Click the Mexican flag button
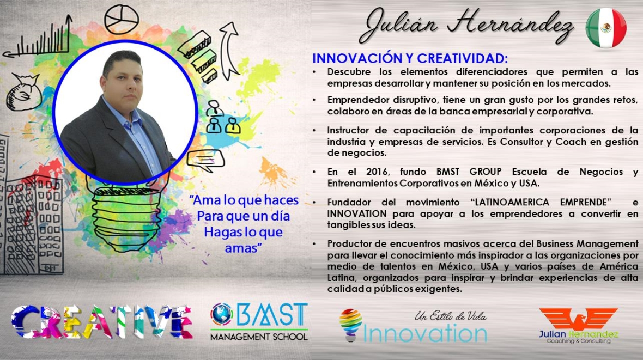tap(606, 27)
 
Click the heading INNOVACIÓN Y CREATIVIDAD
tap(410, 59)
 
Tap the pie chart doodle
tap(122, 19)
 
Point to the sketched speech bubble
tap(205, 160)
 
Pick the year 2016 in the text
tap(377, 172)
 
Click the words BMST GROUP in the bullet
tap(469, 172)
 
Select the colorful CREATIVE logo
tap(102, 322)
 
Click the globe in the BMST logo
tap(222, 314)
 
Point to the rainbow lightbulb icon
tap(350, 325)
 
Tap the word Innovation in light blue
tap(425, 333)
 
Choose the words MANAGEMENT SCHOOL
tap(259, 337)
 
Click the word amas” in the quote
tap(244, 248)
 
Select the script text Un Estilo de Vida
tap(450, 316)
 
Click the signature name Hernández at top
tap(511, 25)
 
